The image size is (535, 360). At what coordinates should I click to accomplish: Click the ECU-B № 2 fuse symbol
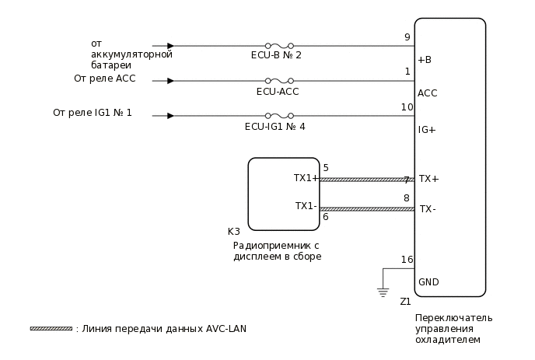point(278,46)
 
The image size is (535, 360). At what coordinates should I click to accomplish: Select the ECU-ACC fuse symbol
point(278,81)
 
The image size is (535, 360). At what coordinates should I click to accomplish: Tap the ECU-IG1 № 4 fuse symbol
point(278,116)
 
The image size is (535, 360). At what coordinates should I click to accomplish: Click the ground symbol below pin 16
point(382,292)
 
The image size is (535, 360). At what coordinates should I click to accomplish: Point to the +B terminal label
point(425,60)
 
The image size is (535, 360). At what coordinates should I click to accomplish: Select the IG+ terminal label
point(426,130)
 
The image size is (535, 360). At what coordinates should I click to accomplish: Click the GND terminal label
point(428,282)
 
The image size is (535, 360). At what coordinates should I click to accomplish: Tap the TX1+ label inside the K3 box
point(306,178)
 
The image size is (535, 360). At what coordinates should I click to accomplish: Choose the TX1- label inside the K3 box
point(306,206)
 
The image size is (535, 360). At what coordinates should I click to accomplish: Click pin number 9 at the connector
point(407,37)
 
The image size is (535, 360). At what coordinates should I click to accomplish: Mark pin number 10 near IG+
point(407,107)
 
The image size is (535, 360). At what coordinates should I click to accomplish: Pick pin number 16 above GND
point(407,260)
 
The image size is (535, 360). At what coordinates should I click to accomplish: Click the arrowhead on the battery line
point(170,46)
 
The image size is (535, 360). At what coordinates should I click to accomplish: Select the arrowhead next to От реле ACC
point(170,81)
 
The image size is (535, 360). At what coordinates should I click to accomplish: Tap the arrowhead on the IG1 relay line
point(170,116)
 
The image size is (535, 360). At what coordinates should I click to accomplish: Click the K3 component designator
point(233,232)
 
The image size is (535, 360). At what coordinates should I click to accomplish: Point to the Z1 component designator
point(405,302)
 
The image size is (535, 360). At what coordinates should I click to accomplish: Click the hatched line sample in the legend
point(51,329)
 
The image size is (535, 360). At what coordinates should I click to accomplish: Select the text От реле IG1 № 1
point(92,113)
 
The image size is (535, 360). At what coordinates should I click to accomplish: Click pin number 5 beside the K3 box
point(326,168)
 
